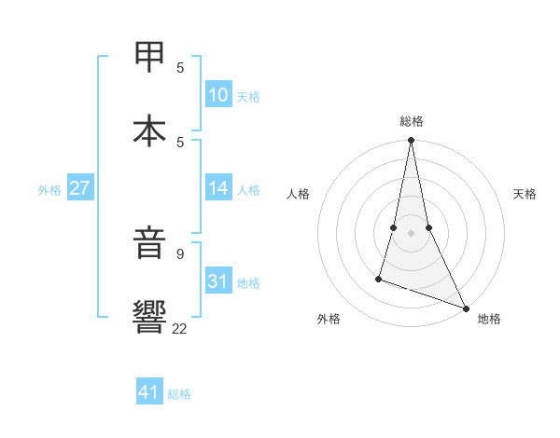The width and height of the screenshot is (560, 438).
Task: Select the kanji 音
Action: [x=150, y=245]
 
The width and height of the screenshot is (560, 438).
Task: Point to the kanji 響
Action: [x=150, y=318]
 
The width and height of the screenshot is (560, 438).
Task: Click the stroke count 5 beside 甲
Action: [x=180, y=68]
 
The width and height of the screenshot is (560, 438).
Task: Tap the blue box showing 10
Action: [x=217, y=95]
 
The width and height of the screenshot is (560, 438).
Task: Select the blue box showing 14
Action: [x=217, y=188]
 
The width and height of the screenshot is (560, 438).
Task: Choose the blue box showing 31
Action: [x=217, y=281]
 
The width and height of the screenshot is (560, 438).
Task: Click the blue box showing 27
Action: [x=79, y=188]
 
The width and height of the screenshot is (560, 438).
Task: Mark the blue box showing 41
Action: [x=149, y=392]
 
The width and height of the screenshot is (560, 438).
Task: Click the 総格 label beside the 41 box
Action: [x=179, y=394]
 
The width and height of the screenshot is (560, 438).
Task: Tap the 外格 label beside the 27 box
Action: [x=49, y=190]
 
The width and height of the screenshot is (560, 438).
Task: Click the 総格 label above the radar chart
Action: [x=412, y=121]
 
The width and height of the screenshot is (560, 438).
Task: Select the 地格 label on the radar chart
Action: [x=489, y=320]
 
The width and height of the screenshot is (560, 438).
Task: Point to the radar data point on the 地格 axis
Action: [x=465, y=308]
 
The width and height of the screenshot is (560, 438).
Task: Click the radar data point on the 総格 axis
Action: [x=411, y=141]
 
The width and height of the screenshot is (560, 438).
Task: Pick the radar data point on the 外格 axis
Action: [x=379, y=278]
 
